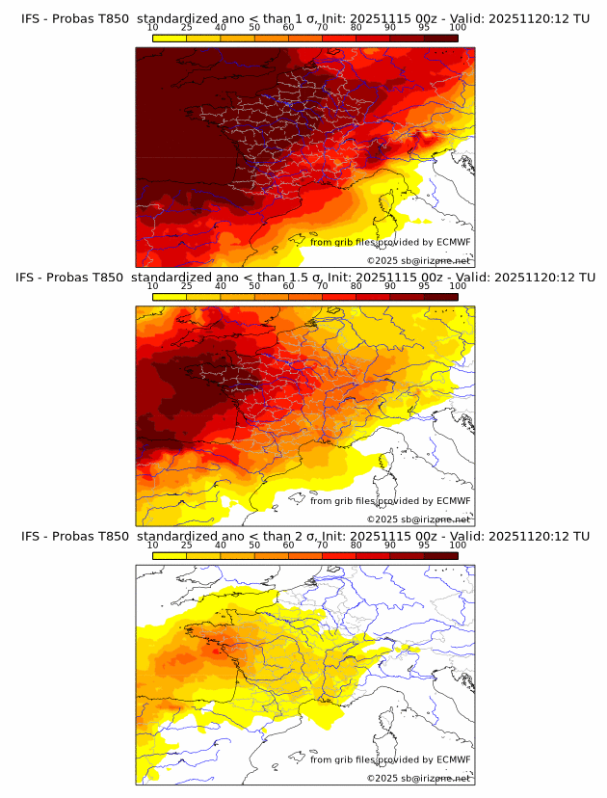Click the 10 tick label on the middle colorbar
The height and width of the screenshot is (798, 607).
(153, 285)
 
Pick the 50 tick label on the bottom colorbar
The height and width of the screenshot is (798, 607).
(254, 545)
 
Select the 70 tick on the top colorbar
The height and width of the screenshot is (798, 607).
(322, 26)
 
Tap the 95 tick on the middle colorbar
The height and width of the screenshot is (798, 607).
(424, 285)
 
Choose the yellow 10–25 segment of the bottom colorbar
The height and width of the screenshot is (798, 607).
(170, 555)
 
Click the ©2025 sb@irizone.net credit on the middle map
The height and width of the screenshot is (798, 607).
(419, 519)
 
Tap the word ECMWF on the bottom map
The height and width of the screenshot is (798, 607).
(454, 759)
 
